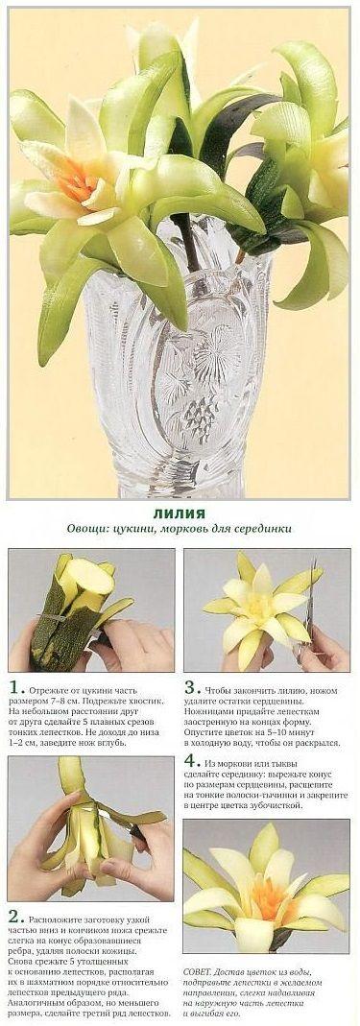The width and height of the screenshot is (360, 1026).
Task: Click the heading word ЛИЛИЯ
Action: (180, 513)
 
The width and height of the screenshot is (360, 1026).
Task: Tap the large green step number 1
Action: (13, 688)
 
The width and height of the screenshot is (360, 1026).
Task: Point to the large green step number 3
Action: (190, 688)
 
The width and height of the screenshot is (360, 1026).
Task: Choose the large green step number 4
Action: (190, 761)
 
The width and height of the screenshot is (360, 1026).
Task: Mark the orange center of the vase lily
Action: (78, 180)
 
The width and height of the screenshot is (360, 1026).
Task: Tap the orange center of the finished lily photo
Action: (269, 900)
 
